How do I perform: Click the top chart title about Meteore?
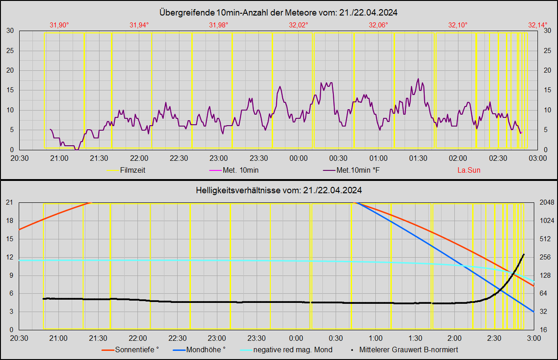coord(279,13)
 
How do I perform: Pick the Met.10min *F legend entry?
coord(357,170)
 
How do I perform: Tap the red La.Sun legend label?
coord(469,170)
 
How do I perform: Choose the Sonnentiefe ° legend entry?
coord(137,350)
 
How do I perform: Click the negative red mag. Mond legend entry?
coord(293,350)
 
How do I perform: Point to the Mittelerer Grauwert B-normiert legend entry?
coord(408,350)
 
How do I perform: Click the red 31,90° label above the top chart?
coord(59,25)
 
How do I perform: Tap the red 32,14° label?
coord(537,25)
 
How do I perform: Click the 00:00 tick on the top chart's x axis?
coord(298,158)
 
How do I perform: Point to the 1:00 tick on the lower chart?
coord(375,338)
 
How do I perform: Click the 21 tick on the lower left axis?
coord(9,203)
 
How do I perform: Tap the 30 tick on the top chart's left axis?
coord(10,31)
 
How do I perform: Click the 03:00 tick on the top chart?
coord(537,158)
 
